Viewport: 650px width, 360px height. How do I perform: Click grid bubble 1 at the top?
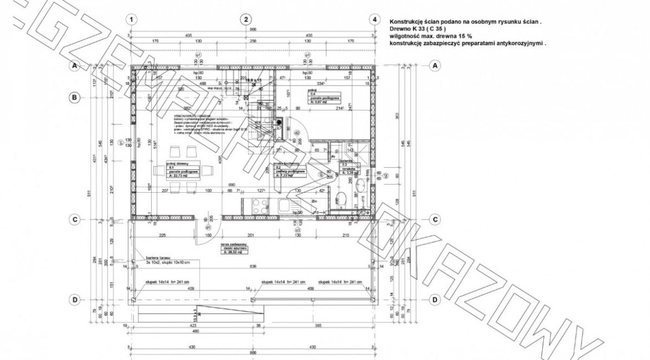point(131,19)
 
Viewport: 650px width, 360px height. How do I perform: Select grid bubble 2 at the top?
point(246,19)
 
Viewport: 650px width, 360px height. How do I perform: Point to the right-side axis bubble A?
point(435,66)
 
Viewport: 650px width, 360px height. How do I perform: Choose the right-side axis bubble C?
point(435,219)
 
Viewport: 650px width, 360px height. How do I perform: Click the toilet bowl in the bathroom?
point(342,197)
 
